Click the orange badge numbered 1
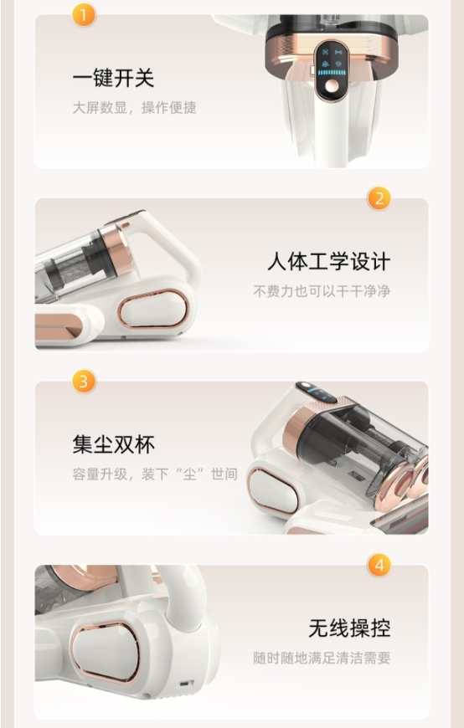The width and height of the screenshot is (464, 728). click(x=84, y=15)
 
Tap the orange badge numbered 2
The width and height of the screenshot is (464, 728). click(x=379, y=198)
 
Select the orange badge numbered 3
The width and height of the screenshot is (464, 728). click(x=84, y=382)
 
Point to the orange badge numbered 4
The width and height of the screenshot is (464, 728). click(x=379, y=565)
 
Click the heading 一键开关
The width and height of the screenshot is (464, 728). click(x=113, y=78)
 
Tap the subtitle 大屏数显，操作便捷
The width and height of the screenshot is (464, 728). click(x=134, y=108)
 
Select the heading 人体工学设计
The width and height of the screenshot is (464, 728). click(x=328, y=261)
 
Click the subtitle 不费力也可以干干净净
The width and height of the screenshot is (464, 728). click(x=322, y=291)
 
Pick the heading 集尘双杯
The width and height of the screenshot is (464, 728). click(x=113, y=444)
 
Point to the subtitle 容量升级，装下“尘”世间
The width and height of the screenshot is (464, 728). click(x=155, y=474)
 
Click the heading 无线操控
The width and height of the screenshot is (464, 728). click(x=349, y=628)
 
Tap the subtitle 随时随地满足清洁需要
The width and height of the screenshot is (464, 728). click(x=322, y=658)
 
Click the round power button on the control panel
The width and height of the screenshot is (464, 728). click(x=332, y=86)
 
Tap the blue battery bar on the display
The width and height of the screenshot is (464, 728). click(x=332, y=73)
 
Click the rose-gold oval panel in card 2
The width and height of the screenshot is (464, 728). click(x=152, y=308)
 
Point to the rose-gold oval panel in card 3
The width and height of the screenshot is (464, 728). click(x=273, y=490)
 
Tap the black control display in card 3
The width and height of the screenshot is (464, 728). click(x=316, y=392)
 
